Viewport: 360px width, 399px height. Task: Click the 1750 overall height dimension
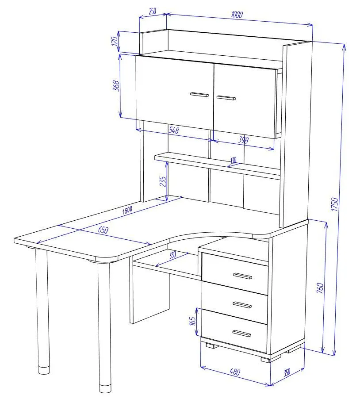click(335, 204)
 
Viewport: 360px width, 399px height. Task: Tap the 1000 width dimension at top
click(237, 15)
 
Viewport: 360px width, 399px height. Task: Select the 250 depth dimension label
click(152, 11)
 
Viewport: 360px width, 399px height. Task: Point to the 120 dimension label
click(115, 41)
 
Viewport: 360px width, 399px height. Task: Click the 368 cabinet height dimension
click(116, 86)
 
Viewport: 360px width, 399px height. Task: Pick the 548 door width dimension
click(174, 130)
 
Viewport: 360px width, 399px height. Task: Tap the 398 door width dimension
click(243, 140)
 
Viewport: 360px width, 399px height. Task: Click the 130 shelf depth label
click(234, 161)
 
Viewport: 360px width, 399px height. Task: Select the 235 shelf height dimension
click(163, 181)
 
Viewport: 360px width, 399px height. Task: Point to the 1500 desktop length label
click(127, 210)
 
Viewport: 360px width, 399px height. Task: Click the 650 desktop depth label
click(103, 230)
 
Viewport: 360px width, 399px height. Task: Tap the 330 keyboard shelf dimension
click(172, 255)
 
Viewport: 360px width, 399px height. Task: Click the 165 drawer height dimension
click(192, 321)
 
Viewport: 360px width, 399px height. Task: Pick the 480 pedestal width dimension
click(235, 372)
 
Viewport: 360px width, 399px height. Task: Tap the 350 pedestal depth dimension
click(287, 372)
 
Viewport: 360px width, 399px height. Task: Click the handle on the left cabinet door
click(199, 95)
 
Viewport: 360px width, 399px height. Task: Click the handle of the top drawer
click(242, 276)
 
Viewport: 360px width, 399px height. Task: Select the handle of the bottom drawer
click(242, 334)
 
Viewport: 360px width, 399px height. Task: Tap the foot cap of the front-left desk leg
click(105, 388)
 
